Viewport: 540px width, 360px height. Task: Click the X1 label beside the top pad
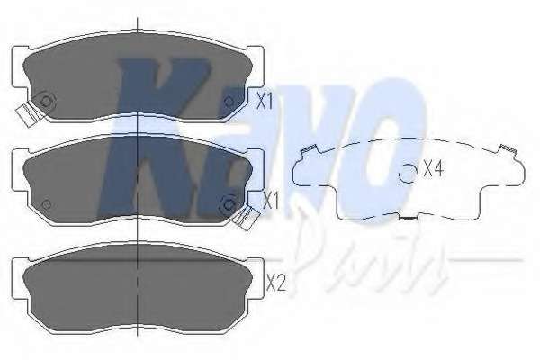coord(265,102)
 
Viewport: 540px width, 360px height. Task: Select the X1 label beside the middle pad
coord(270,202)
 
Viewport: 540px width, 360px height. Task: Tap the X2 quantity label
coord(276,283)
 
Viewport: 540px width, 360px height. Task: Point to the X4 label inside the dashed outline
coord(433,168)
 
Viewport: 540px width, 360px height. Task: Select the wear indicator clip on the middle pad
coord(246,217)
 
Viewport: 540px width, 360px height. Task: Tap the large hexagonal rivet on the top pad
coord(47,100)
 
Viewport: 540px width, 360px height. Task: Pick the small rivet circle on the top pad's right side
coord(229,101)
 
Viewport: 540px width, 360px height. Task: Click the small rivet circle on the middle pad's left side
coord(47,204)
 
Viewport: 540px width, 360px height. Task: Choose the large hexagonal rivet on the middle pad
coord(229,204)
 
